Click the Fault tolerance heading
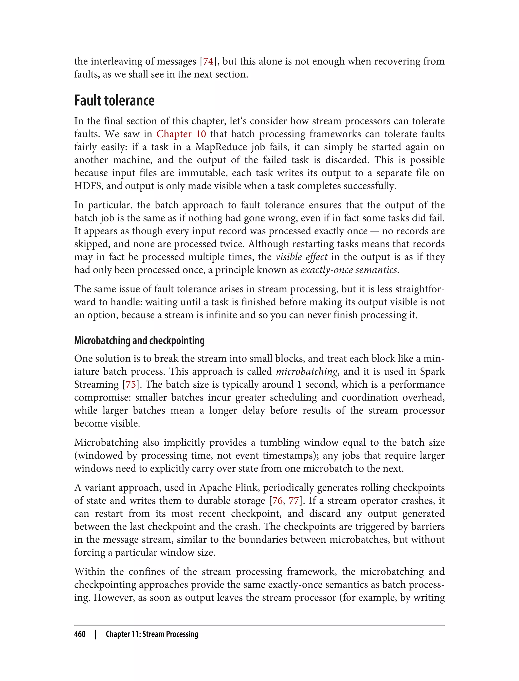click(114, 101)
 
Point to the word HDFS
click(89, 186)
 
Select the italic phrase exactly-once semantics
click(349, 270)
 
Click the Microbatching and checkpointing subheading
click(139, 340)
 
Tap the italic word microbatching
click(306, 371)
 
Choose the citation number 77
click(293, 500)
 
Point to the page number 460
click(80, 634)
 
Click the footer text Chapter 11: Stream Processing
click(152, 634)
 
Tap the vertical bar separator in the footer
click(96, 634)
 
